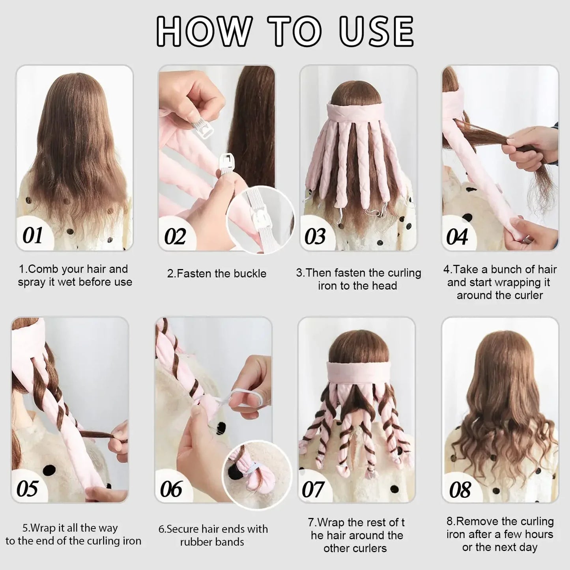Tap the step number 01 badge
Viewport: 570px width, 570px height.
click(x=32, y=235)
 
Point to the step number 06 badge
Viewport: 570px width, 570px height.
click(x=171, y=489)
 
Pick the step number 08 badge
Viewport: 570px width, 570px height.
click(x=460, y=490)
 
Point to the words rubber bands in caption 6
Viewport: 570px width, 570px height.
click(x=212, y=542)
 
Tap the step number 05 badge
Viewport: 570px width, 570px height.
click(x=28, y=489)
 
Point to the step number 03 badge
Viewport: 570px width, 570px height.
click(x=315, y=237)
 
